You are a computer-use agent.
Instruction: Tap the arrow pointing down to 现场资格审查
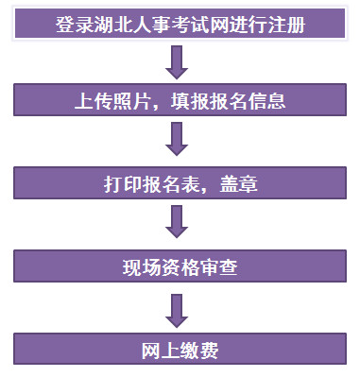coord(177,222)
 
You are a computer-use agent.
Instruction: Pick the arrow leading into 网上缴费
coord(177,307)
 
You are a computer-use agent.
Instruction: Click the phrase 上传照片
coord(106,100)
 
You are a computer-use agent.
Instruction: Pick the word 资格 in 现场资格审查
coord(178,267)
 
